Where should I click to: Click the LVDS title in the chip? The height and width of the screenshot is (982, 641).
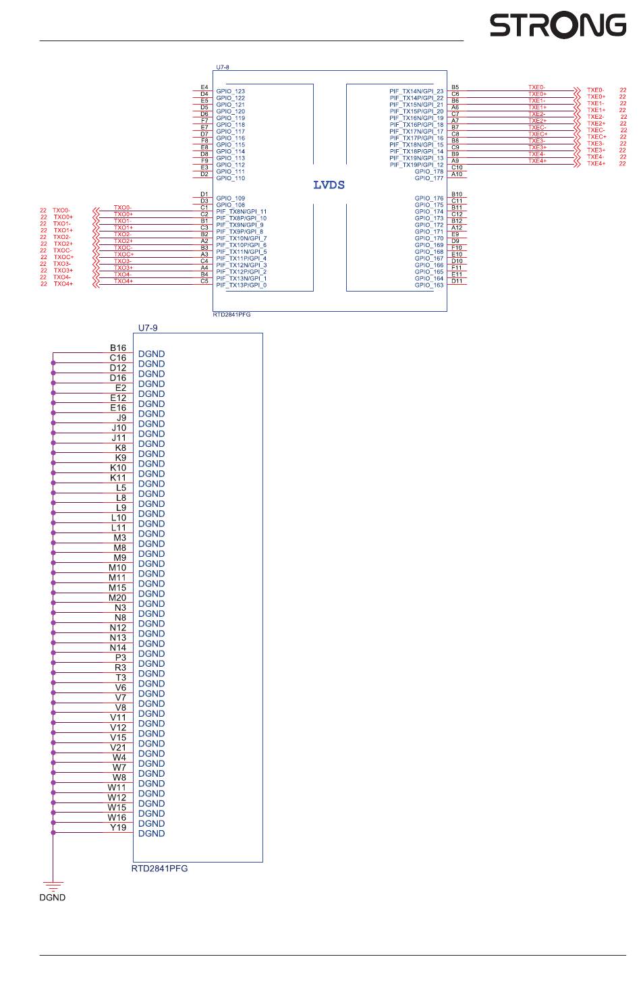point(329,185)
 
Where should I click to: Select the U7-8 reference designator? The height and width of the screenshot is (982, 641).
point(223,67)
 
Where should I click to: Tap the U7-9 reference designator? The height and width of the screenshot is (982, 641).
point(148,327)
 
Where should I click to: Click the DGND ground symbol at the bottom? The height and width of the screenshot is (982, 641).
point(52,885)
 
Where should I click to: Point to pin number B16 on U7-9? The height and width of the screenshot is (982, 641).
point(118,348)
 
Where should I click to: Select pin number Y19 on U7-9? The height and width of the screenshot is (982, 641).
point(118,827)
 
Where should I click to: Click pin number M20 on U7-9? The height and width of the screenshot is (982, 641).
point(117,598)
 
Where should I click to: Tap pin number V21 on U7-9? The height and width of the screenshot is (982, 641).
point(118,748)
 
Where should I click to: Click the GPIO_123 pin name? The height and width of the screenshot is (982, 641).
point(231,91)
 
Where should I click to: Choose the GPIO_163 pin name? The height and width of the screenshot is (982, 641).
point(429,285)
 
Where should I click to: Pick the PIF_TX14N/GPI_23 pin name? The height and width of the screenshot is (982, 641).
point(416,91)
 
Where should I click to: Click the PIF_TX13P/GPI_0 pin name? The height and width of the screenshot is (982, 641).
point(242,285)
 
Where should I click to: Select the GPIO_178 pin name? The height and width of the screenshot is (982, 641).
point(429,171)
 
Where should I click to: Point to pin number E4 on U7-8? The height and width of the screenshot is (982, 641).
point(204,87)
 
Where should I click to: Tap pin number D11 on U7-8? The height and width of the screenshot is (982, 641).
point(457,281)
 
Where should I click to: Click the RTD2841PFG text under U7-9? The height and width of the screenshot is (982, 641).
point(159,869)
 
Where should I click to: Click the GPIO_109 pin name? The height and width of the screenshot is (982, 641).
point(231,198)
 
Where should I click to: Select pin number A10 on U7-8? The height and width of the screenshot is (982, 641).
point(457,174)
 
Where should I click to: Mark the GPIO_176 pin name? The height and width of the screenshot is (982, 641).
point(429,198)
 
